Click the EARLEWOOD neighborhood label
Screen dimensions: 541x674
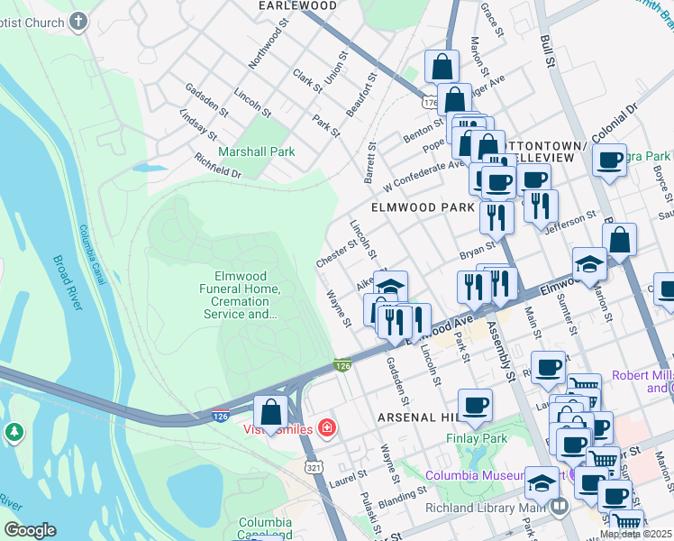click(297, 5)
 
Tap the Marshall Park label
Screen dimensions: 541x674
click(256, 151)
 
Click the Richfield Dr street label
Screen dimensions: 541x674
click(218, 165)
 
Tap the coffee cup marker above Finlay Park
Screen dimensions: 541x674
click(475, 405)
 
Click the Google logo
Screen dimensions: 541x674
click(30, 530)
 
